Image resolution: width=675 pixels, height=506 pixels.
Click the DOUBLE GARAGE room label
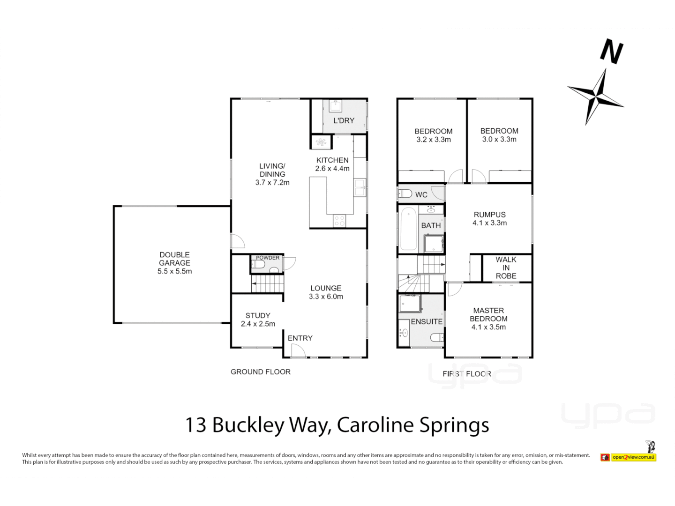coord(174,263)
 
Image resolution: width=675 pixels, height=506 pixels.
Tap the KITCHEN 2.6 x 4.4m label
coord(332,164)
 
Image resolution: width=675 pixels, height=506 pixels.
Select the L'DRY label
coord(344,120)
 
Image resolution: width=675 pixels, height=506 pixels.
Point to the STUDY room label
coord(258,320)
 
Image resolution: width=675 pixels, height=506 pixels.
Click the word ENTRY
coord(300,338)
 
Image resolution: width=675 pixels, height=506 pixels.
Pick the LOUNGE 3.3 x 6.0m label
coord(326,292)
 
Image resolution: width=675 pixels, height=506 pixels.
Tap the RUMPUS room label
coord(489,219)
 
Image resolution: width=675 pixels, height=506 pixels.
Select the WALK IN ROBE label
coord(506,268)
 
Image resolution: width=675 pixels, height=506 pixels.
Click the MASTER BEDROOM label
coord(488,319)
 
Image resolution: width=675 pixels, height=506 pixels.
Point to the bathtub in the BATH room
coord(408,230)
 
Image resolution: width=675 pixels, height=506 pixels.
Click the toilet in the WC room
coord(405,193)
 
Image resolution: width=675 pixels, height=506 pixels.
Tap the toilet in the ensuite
coord(437,337)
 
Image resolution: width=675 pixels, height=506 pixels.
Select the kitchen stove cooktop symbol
coord(339,221)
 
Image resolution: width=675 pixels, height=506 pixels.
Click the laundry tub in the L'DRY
coord(336,106)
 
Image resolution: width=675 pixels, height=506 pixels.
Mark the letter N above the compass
coord(612,52)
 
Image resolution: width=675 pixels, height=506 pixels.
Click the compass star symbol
coord(596,96)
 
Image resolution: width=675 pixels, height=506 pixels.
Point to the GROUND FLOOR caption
coord(261,372)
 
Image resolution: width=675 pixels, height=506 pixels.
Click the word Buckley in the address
coord(248,425)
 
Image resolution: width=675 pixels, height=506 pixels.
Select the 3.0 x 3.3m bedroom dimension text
coord(499,139)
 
